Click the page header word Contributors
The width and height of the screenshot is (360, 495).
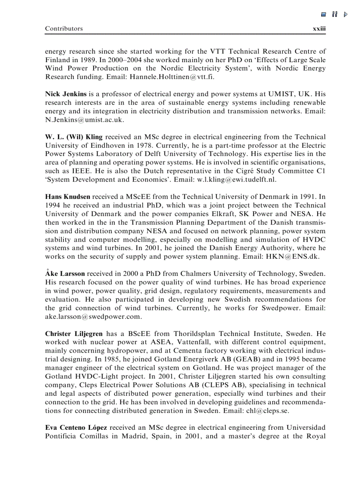(x=64, y=29)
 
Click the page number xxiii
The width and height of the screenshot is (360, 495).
(x=319, y=29)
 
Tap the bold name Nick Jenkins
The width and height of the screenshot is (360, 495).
(x=66, y=94)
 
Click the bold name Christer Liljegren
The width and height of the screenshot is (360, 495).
(x=74, y=334)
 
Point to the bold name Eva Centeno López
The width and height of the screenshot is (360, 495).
(x=76, y=428)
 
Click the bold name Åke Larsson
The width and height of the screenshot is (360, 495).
(x=65, y=274)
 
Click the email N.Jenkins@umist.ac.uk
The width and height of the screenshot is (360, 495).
(x=85, y=120)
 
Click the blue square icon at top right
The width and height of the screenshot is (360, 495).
(x=323, y=15)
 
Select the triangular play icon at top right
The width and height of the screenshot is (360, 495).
(x=345, y=15)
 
